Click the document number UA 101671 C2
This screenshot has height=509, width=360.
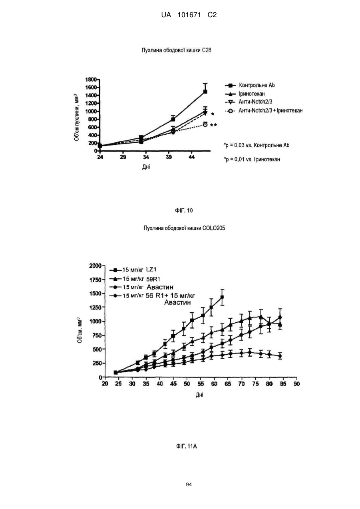[x=189, y=15]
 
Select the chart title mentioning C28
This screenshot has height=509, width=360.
[x=176, y=50]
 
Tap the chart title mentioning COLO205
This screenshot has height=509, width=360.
[x=184, y=228]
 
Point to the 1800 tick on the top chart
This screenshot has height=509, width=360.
[x=91, y=80]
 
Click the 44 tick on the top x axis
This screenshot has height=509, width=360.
[x=191, y=157]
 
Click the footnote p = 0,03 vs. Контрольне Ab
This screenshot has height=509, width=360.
[x=257, y=145]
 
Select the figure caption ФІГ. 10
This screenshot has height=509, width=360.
[x=184, y=210]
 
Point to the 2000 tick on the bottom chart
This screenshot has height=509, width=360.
[x=95, y=265]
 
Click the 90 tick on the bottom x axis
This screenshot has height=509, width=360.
[x=296, y=384]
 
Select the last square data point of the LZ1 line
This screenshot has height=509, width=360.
[x=222, y=297]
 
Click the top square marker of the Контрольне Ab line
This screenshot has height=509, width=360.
[x=205, y=92]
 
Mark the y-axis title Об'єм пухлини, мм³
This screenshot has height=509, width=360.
[x=77, y=117]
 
